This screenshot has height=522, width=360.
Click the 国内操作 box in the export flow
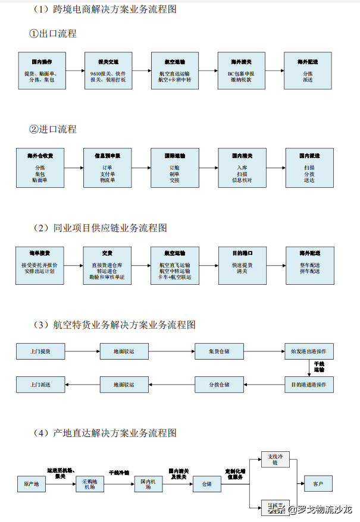tap(40, 70)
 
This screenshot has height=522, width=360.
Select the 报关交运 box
tap(108, 70)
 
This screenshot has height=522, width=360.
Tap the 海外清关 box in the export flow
tap(240, 70)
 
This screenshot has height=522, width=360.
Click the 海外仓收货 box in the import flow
tap(40, 167)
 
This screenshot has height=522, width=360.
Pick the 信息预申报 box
tap(108, 167)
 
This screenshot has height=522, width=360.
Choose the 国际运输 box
tap(174, 167)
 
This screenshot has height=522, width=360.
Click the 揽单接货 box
tap(40, 265)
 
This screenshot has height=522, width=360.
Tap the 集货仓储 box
tap(219, 351)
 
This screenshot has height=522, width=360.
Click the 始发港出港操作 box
tap(309, 351)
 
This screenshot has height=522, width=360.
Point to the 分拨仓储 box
tap(219, 385)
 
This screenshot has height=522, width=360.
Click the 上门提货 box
tap(40, 351)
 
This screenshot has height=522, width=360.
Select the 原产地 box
tap(31, 484)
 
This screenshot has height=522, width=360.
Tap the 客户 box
tap(318, 484)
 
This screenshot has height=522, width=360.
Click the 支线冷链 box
tap(274, 459)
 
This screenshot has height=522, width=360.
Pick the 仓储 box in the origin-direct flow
tap(206, 484)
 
